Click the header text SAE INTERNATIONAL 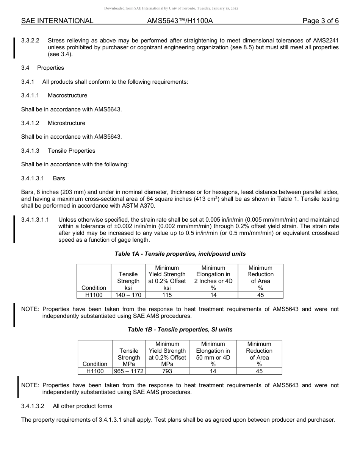coord(57,21)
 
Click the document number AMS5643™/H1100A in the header coord(180,21)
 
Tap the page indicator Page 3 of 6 coord(321,21)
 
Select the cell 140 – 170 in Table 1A coord(128,295)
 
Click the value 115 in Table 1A coord(167,295)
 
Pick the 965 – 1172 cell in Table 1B coord(129,371)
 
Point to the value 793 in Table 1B coord(167,371)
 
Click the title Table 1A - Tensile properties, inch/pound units coord(180,254)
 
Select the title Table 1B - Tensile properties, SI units coord(180,330)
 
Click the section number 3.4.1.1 coord(30,95)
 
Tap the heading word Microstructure coord(66,123)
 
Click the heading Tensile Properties coord(71,151)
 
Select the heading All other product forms coord(83,406)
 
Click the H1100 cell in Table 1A coord(94,295)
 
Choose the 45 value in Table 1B coord(259,371)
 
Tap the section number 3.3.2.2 coord(30,41)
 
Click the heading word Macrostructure coord(67,95)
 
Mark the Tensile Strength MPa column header coord(129,357)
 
